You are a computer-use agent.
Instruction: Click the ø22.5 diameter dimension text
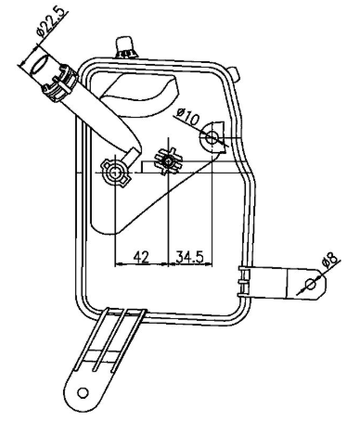[47, 21]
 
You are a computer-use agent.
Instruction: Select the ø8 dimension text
[330, 262]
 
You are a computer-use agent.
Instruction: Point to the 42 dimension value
[141, 256]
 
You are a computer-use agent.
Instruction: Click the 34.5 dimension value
[191, 256]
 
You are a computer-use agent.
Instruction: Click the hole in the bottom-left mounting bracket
[84, 391]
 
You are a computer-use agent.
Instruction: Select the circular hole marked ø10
[214, 138]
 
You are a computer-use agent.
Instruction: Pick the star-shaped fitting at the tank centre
[168, 162]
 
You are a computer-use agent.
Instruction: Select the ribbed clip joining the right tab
[245, 281]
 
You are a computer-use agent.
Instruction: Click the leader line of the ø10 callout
[199, 126]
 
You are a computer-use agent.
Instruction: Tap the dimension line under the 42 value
[141, 265]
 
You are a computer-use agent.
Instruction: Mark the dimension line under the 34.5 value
[191, 265]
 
